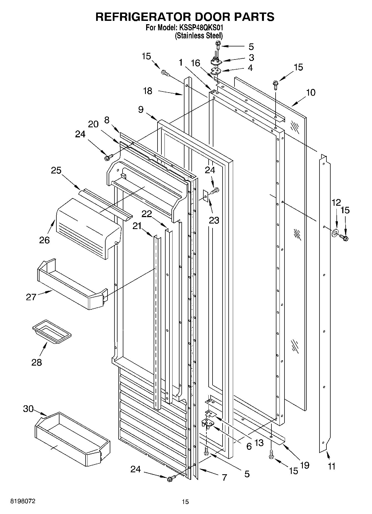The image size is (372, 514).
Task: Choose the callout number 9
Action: click(141, 110)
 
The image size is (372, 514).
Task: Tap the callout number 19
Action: click(304, 465)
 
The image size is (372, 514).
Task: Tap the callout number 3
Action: click(251, 58)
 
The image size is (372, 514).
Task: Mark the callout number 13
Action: click(259, 442)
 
